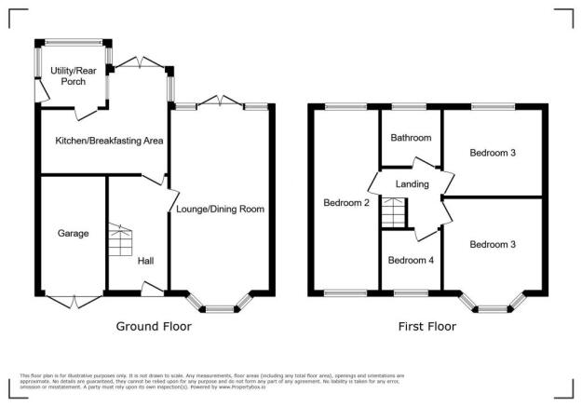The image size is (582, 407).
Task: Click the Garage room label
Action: click(73, 233)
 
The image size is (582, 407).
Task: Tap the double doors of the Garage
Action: click(73, 300)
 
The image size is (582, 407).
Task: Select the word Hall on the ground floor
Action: click(146, 261)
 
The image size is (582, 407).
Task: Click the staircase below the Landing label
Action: click(395, 216)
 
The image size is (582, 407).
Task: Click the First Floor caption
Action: click(427, 327)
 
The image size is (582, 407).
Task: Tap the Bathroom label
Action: click(411, 138)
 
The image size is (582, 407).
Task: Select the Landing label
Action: click(412, 183)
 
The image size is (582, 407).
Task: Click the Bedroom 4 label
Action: click(411, 260)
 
